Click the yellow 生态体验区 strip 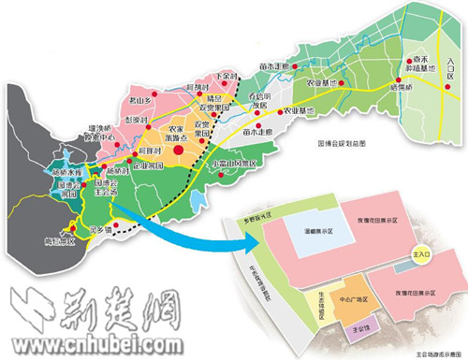coord(316,301)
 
